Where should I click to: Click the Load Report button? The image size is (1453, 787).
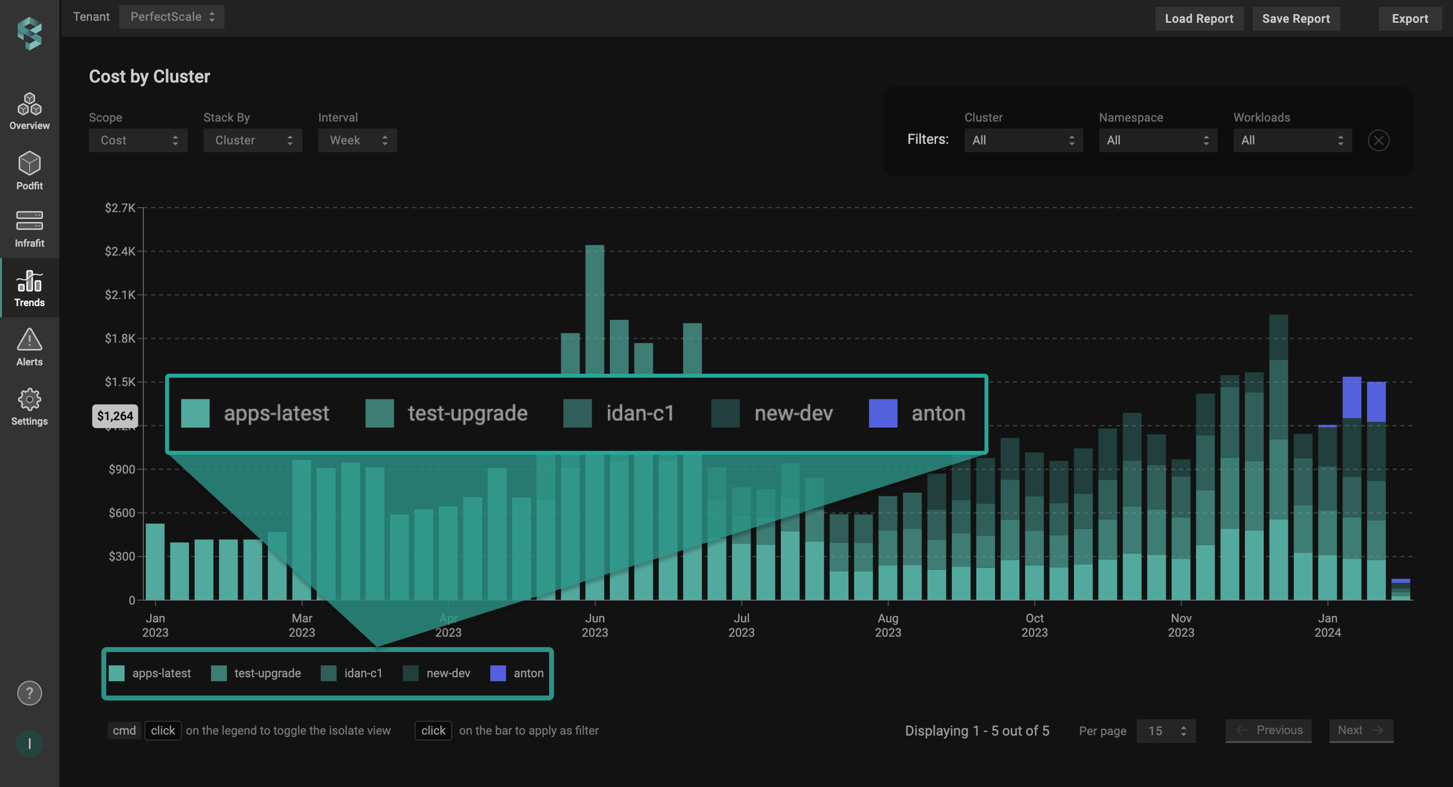tap(1198, 18)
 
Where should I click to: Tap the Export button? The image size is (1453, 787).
tap(1409, 18)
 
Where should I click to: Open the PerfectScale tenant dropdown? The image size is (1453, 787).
tap(172, 17)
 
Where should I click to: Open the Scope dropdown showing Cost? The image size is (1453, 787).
tap(137, 140)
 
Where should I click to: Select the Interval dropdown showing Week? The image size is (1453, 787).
tap(357, 140)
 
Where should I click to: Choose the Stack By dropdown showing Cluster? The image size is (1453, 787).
tap(252, 140)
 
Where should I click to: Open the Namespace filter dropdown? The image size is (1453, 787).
tap(1157, 140)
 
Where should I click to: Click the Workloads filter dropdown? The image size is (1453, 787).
tap(1292, 140)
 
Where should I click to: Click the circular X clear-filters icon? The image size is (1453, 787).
tap(1378, 140)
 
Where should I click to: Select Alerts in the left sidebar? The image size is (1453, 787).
tap(29, 346)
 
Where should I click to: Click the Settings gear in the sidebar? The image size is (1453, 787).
tap(29, 406)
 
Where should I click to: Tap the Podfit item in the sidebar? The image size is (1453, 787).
tap(29, 170)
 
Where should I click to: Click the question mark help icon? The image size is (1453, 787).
tap(29, 693)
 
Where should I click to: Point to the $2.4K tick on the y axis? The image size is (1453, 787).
tap(120, 251)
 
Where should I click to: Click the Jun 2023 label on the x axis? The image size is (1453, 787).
tap(594, 625)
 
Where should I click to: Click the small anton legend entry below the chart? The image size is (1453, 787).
tap(516, 673)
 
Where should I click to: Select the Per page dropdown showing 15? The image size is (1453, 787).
tap(1165, 731)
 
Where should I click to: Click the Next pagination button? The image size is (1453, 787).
tap(1360, 730)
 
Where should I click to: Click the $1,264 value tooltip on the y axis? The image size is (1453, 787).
tap(115, 416)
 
